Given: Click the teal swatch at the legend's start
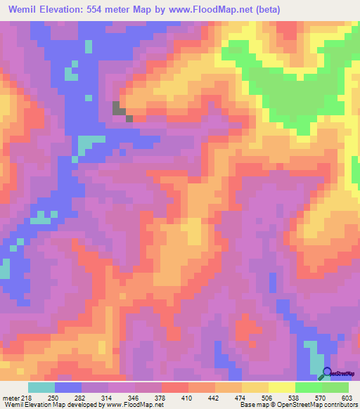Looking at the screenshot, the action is (x=41, y=387).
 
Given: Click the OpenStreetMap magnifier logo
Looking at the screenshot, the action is (x=326, y=375).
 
